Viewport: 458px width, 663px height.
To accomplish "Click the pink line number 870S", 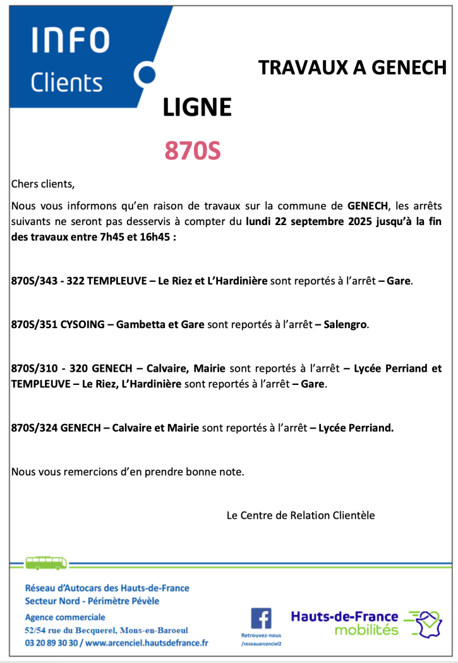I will (x=193, y=150).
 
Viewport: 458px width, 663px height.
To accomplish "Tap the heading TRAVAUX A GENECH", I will (x=353, y=68).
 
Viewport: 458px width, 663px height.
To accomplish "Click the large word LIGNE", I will (x=197, y=107).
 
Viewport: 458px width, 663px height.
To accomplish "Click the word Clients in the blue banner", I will (x=66, y=82).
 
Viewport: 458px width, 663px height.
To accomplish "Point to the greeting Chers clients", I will (x=43, y=185).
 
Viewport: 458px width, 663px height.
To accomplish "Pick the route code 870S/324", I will (x=34, y=428).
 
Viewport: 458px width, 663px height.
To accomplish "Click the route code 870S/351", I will (x=34, y=325).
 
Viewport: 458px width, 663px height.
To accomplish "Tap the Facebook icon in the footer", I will (x=261, y=617).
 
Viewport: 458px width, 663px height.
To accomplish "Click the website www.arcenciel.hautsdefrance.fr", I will (x=149, y=643).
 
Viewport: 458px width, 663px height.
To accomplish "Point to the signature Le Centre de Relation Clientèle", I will (x=300, y=515).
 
